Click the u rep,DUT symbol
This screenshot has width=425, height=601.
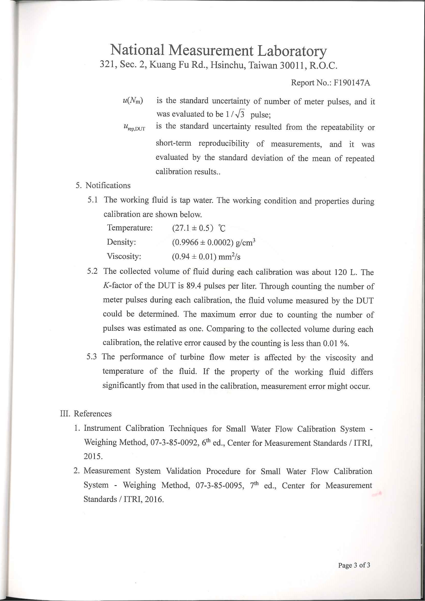134,127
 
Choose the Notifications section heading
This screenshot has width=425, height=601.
108,185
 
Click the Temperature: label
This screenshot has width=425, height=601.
130,228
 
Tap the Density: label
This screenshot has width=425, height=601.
121,242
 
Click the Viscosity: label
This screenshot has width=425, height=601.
124,256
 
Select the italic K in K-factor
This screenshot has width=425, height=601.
106,286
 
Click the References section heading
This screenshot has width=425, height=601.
93,414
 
